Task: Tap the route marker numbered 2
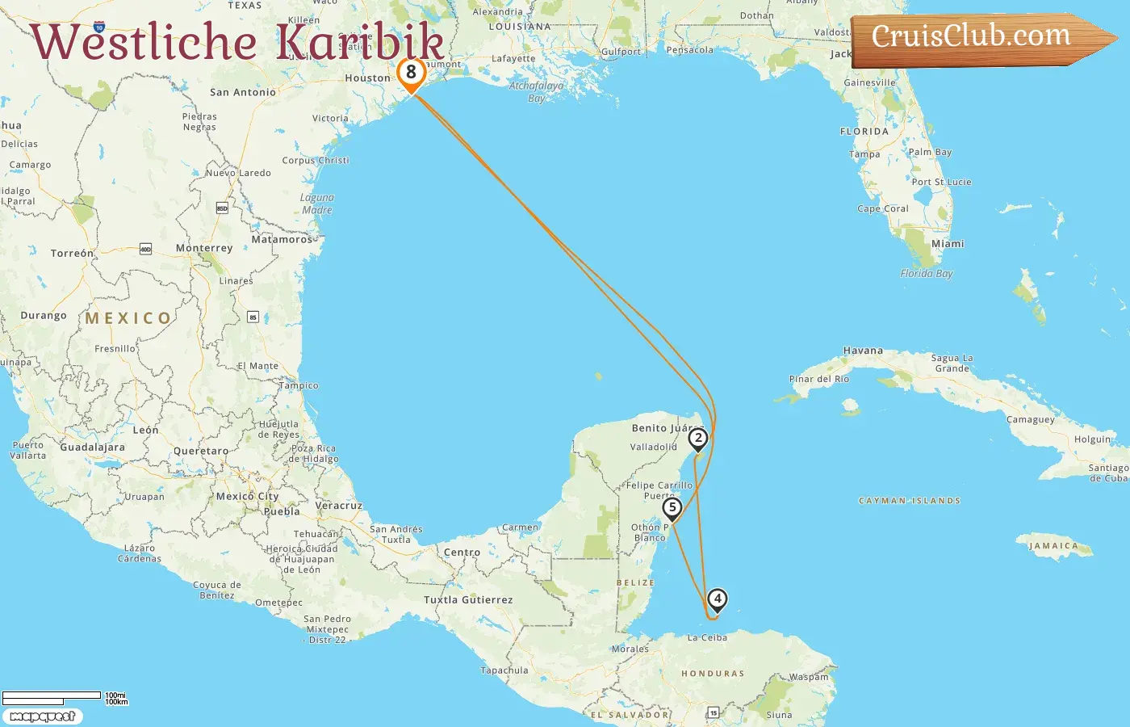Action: click(x=697, y=439)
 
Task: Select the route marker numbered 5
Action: click(x=672, y=508)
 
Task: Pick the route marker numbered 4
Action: click(x=717, y=599)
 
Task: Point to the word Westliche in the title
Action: click(x=144, y=42)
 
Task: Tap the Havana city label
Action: click(x=863, y=351)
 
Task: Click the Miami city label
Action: click(x=948, y=244)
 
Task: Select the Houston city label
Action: click(x=367, y=78)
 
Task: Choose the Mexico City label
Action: click(x=247, y=497)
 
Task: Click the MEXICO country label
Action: click(x=128, y=318)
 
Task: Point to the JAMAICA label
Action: click(x=1053, y=546)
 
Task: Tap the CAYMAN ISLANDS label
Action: click(x=910, y=501)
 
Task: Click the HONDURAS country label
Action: click(x=713, y=674)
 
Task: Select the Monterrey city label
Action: click(x=204, y=248)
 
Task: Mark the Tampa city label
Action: click(x=864, y=154)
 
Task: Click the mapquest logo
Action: click(x=42, y=716)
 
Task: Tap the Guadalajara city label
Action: click(x=92, y=448)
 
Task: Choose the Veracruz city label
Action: click(x=338, y=506)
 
